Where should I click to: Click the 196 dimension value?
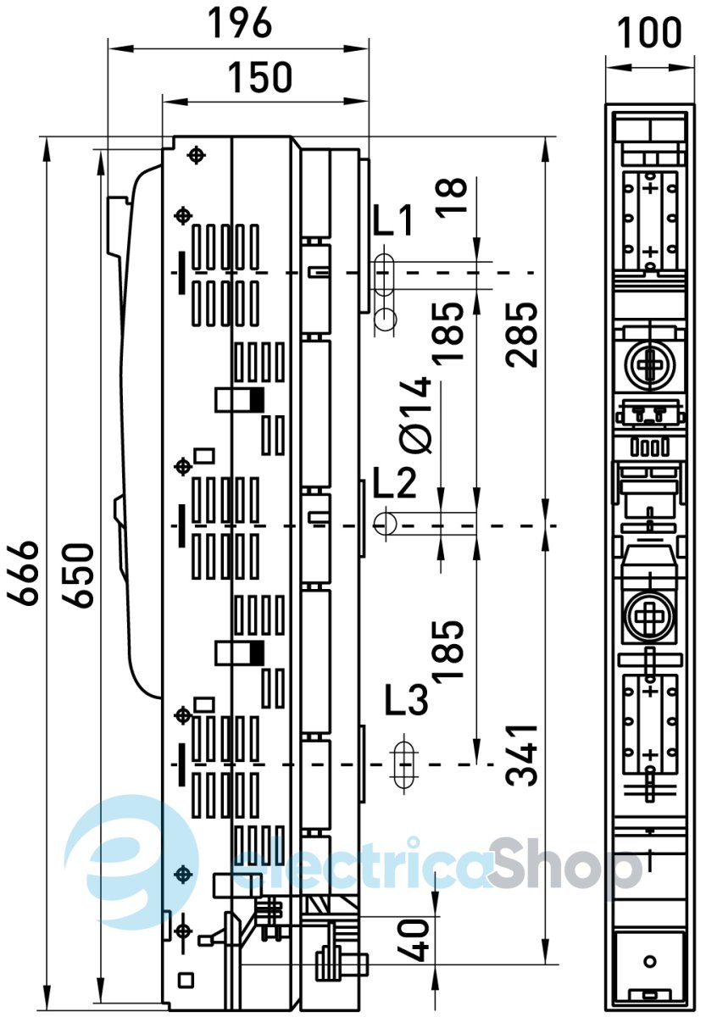point(239,24)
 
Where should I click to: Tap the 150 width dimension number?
point(259,77)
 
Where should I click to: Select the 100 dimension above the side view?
point(649,32)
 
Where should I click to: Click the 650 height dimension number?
point(78,575)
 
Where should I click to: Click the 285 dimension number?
point(521,334)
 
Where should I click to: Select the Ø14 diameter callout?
point(415,415)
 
